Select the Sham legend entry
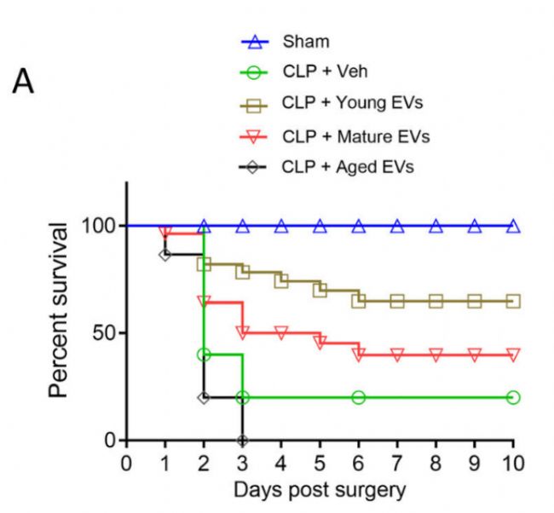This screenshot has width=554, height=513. click(306, 40)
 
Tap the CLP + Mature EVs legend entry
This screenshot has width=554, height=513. click(355, 135)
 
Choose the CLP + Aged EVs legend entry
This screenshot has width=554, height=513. click(347, 167)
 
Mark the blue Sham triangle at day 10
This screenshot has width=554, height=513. click(513, 226)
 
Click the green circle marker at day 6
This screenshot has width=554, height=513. click(359, 397)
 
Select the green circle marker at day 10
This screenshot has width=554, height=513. click(513, 397)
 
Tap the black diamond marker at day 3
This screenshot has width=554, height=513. click(243, 441)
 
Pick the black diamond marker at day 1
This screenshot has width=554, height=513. click(165, 254)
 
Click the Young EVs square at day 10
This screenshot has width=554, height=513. click(513, 301)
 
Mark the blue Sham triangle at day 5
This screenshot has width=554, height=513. click(320, 226)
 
